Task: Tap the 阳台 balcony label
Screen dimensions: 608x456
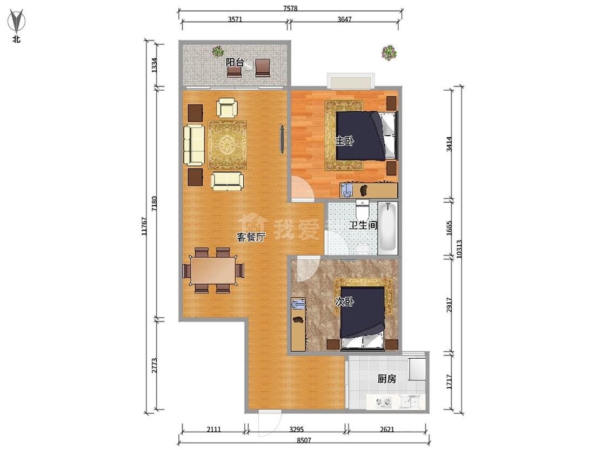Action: click(x=235, y=62)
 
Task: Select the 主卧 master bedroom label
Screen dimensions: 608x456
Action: click(x=344, y=141)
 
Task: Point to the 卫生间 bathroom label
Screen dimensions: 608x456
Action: click(x=363, y=225)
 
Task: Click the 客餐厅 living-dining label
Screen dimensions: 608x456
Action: click(x=251, y=237)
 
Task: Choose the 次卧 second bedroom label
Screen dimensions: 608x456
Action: click(x=344, y=301)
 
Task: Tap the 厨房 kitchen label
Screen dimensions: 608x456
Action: click(x=386, y=378)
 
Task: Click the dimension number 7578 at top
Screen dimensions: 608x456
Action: click(x=290, y=8)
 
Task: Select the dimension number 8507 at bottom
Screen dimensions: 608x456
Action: click(x=304, y=440)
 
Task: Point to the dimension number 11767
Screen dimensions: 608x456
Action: click(x=144, y=226)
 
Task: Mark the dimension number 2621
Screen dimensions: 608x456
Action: click(x=386, y=429)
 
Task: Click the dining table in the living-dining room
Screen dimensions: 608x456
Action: click(x=213, y=270)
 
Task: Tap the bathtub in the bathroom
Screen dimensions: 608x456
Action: click(x=387, y=227)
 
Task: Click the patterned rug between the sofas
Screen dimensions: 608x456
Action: click(x=227, y=145)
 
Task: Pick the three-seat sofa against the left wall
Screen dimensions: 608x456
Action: click(x=194, y=145)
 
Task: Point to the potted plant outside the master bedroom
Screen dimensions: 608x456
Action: click(x=389, y=53)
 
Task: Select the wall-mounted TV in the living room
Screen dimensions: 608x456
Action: click(x=282, y=139)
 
